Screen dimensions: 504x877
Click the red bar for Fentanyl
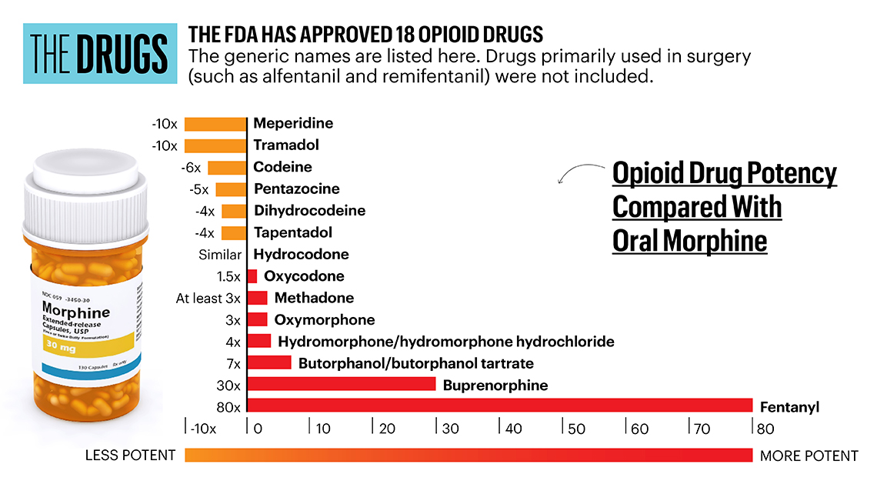[x=499, y=406]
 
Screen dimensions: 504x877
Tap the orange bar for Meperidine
[x=215, y=123]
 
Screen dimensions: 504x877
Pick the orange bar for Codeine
[x=226, y=167]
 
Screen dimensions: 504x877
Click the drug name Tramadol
[x=286, y=145]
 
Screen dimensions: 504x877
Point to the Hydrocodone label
[x=301, y=254]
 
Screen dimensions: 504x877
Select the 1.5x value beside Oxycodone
[x=229, y=276]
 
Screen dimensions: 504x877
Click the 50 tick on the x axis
[x=576, y=429]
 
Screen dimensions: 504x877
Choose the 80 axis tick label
[x=765, y=429]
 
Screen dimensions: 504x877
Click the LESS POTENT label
[x=130, y=456]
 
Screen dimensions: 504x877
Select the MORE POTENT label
[x=809, y=456]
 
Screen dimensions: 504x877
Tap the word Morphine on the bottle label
[x=75, y=312]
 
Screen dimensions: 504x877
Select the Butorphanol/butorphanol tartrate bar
[x=268, y=362]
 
